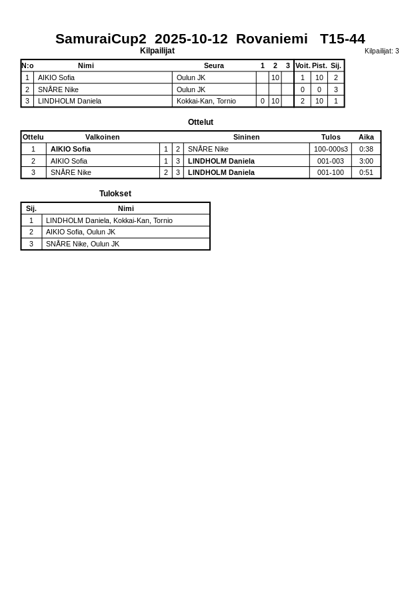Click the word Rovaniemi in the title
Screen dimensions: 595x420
pos(271,39)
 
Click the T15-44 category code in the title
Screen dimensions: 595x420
pos(342,39)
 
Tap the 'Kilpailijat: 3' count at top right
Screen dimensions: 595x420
pos(381,51)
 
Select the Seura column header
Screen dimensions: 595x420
pos(213,65)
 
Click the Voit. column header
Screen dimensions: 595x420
pos(303,65)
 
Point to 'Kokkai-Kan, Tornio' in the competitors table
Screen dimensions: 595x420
pos(206,102)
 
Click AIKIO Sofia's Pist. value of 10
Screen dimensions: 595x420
pos(319,77)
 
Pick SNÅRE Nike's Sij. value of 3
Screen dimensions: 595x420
pos(336,89)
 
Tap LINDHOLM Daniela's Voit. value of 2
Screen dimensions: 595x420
pos(303,102)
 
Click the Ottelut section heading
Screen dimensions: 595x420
pos(201,122)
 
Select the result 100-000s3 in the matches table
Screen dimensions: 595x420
pos(331,149)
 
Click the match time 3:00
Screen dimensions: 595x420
pos(366,161)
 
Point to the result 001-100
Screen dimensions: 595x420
pos(331,172)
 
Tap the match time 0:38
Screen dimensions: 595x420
pos(366,149)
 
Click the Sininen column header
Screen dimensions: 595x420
pos(246,137)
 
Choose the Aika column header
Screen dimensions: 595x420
pos(366,137)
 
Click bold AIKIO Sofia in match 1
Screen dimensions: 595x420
pos(71,149)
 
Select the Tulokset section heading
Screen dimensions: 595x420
pos(115,194)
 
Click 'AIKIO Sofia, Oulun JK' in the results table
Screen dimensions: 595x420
pos(81,232)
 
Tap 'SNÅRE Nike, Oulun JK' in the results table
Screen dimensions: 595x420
pos(83,244)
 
